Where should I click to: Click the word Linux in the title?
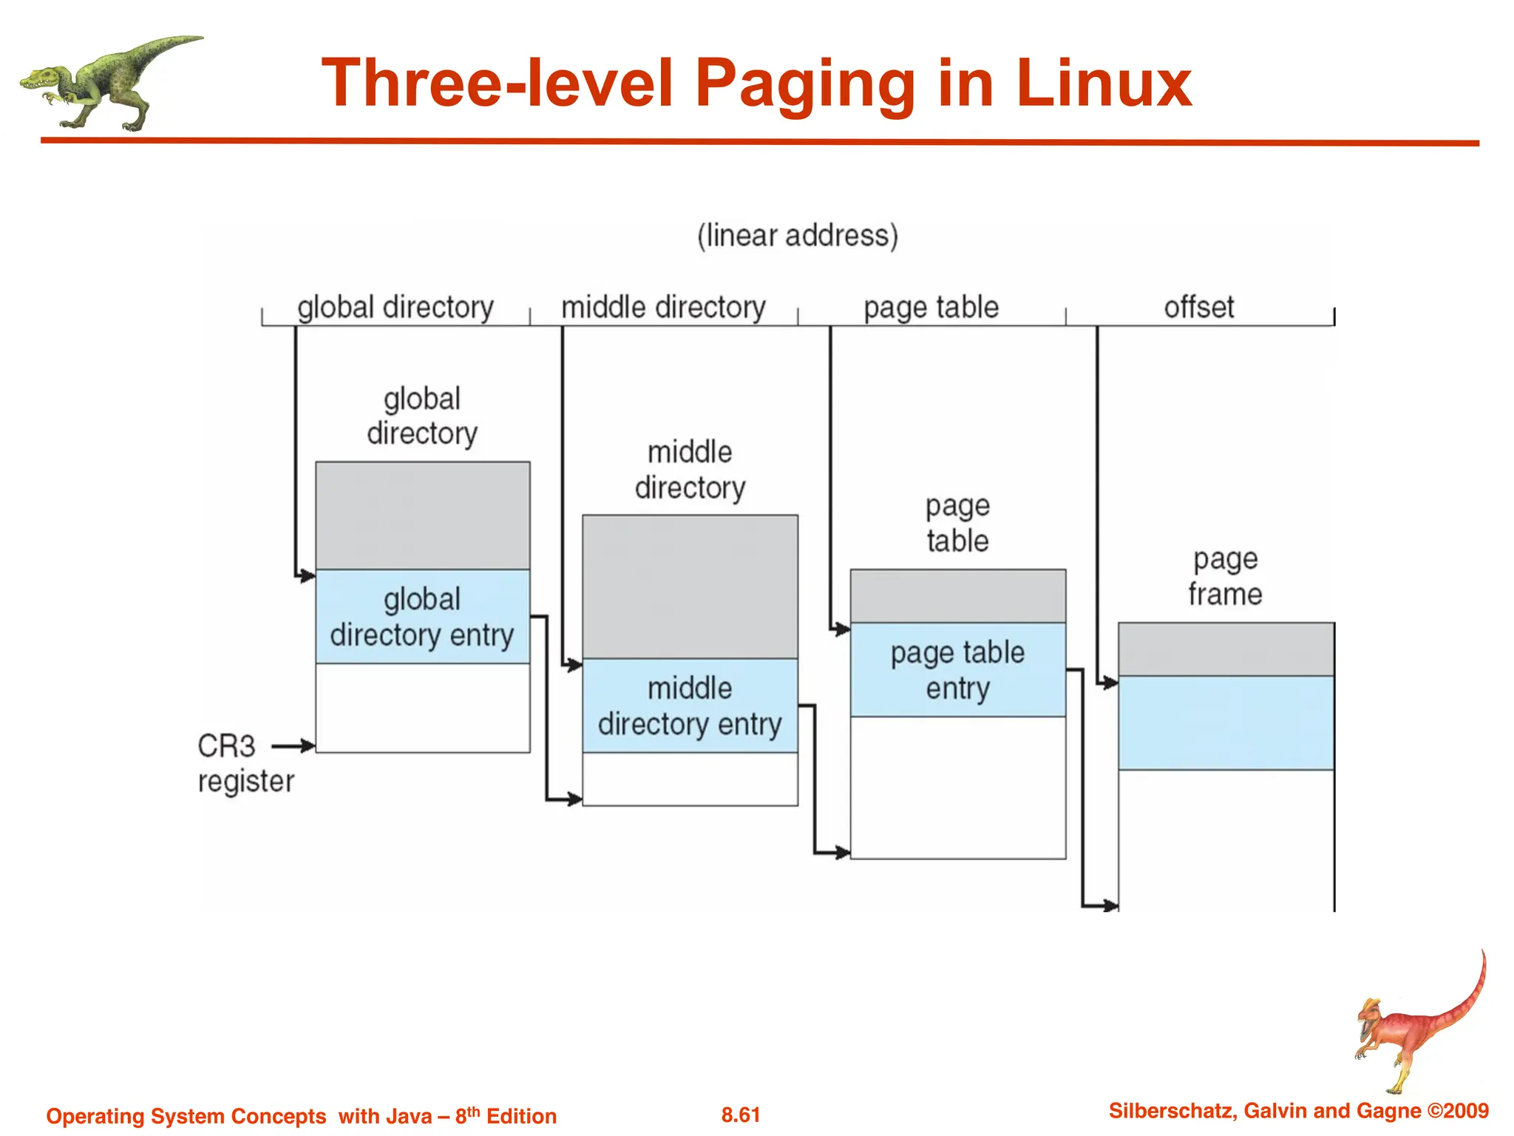1104,84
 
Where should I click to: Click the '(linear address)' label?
798,236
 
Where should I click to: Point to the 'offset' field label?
1198,307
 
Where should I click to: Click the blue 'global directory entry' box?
422,617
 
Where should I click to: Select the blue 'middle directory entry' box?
690,706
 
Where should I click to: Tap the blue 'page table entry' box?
957,670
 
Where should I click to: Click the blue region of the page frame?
1226,723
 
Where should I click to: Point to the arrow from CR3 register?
293,746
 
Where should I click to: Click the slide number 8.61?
741,1115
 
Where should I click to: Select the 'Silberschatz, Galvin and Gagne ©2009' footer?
1298,1111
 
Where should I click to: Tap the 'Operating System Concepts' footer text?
186,1116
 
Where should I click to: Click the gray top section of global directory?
422,515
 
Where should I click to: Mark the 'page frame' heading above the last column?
1225,576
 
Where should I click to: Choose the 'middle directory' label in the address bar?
663,307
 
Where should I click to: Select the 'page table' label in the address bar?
931,307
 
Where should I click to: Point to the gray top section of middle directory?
690,586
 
